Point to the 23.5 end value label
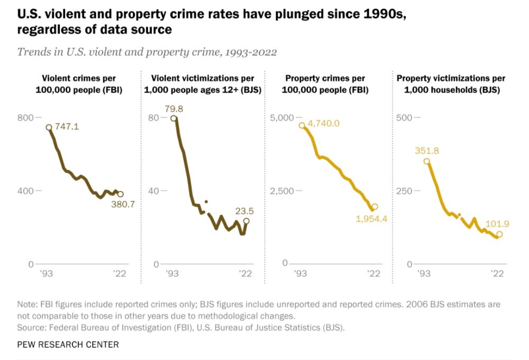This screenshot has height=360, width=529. (245, 210)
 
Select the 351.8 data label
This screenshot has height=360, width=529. (426, 151)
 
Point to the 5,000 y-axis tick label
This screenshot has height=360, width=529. (281, 117)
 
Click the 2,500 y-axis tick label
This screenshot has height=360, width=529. (281, 191)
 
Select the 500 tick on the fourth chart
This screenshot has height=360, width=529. (404, 117)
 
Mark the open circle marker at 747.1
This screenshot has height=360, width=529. (49, 128)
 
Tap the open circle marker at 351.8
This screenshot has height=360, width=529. (426, 161)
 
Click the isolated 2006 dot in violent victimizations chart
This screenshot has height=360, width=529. (206, 202)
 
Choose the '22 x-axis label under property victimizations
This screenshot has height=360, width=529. (497, 274)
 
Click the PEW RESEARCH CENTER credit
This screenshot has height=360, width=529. (68, 345)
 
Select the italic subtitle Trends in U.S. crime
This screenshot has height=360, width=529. (147, 52)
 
